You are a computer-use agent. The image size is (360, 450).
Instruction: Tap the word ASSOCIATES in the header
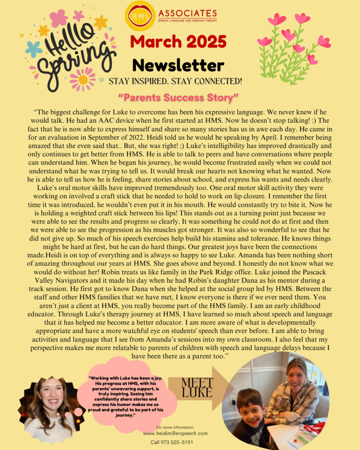[x=187, y=14]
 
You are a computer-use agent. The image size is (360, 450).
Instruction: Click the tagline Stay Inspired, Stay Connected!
[x=175, y=82]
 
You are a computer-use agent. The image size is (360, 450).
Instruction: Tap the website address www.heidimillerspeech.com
[x=175, y=434]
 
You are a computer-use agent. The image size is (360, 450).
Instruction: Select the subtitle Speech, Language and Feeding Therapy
[x=187, y=21]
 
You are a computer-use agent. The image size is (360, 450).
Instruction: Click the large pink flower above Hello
[x=59, y=18]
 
